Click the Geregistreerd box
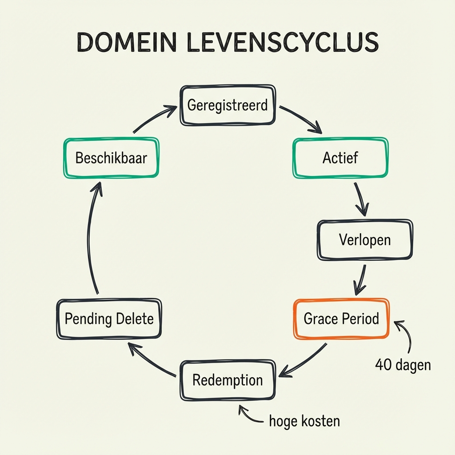pos(227,105)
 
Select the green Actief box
pos(340,157)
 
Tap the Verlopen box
pos(364,239)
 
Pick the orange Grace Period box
pos(341,319)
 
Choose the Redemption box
pos(227,380)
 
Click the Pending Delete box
pos(109,319)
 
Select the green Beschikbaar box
pos(111,158)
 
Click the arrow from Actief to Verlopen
pos(361,197)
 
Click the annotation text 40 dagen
pos(403,365)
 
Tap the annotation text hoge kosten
pos(304,421)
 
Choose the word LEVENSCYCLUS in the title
pos(282,43)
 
